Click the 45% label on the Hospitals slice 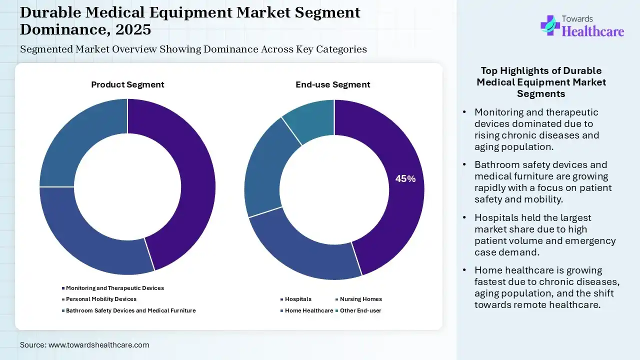coord(405,179)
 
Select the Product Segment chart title coord(127,85)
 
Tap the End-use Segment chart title coord(333,85)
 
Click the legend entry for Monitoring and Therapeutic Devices coord(114,288)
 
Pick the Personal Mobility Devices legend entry coord(101,299)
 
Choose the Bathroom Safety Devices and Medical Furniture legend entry coord(130,310)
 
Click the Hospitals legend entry coord(298,299)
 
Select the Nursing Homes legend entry coord(360,299)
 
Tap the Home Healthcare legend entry coord(308,310)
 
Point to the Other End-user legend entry coord(360,310)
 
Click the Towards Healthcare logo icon coord(550,25)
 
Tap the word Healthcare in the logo coord(593,31)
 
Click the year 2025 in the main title coord(133,29)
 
